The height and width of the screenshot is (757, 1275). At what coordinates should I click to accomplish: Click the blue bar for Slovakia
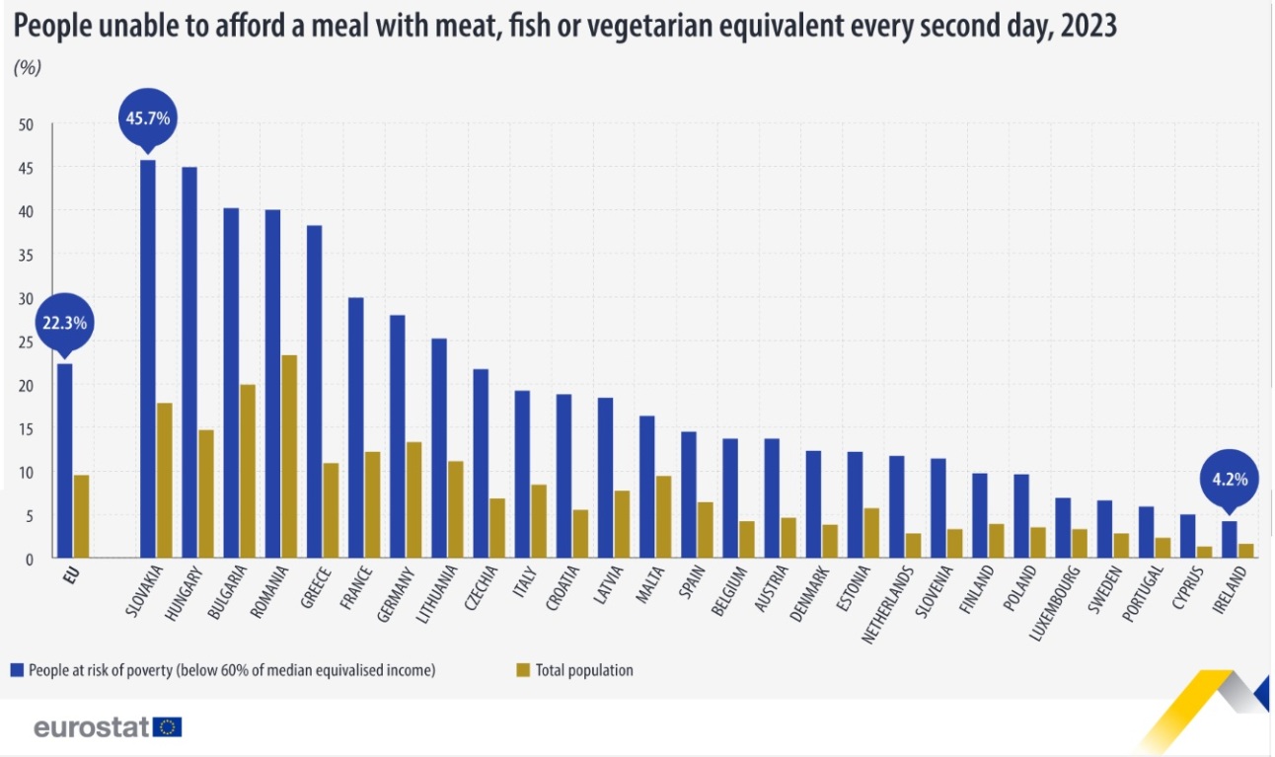click(x=148, y=359)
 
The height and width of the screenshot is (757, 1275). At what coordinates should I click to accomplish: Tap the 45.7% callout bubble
click(x=148, y=118)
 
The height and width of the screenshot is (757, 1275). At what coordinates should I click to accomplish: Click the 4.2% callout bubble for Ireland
click(x=1229, y=480)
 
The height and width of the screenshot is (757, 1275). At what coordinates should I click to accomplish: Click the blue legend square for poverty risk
click(x=16, y=670)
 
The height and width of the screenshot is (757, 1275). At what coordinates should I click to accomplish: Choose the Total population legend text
click(x=584, y=670)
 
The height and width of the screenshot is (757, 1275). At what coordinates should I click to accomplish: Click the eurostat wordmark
click(x=92, y=727)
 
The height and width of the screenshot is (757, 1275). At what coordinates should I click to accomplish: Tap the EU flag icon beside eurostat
click(x=169, y=727)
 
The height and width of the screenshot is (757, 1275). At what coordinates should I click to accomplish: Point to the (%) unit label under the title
click(x=28, y=68)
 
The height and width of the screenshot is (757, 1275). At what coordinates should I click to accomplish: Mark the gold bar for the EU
click(x=82, y=516)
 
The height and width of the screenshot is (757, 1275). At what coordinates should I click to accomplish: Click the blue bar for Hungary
click(x=189, y=362)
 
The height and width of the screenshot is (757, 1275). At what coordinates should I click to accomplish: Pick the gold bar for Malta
click(x=664, y=517)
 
